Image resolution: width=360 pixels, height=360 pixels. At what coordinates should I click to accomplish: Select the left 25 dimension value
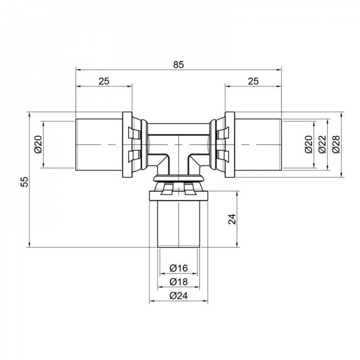click(x=104, y=81)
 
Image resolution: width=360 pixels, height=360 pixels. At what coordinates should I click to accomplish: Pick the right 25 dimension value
click(x=253, y=81)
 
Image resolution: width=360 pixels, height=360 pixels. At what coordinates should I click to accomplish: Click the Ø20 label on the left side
click(x=39, y=145)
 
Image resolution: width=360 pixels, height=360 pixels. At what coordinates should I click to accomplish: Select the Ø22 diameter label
click(x=322, y=145)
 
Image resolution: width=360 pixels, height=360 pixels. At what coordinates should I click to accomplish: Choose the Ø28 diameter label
click(x=336, y=145)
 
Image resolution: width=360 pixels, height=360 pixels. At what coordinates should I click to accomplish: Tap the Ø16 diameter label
click(x=179, y=268)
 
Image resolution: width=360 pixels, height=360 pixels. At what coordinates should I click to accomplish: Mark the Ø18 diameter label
click(x=179, y=282)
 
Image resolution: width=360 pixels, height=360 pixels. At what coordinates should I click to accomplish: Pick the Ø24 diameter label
click(x=179, y=296)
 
